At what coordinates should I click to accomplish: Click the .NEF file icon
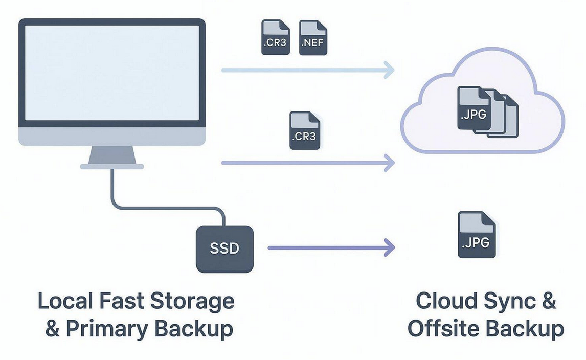pyautogui.click(x=312, y=38)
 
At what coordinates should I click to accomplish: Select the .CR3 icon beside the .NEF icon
pyautogui.click(x=276, y=38)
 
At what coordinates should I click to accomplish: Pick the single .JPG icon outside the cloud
pyautogui.click(x=477, y=235)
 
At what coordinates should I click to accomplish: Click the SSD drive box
pyautogui.click(x=224, y=249)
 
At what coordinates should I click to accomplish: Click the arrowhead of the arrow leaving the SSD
pyautogui.click(x=389, y=249)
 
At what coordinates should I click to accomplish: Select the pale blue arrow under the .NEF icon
pyautogui.click(x=307, y=70)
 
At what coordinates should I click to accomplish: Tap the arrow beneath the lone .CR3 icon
pyautogui.click(x=307, y=163)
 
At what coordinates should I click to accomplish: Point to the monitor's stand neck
pyautogui.click(x=111, y=154)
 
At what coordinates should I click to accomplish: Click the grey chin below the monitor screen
pyautogui.click(x=111, y=137)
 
